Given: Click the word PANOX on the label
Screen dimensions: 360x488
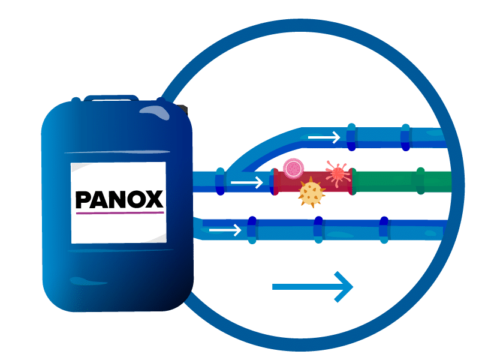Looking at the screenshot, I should coord(119,199).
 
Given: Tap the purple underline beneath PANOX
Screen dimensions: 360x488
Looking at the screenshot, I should coord(119,212).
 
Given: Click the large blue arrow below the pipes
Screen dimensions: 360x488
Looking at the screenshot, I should coord(312,287).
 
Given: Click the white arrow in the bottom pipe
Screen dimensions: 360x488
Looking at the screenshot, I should coord(225,229).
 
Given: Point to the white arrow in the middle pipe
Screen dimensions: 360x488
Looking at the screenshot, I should coord(246,181).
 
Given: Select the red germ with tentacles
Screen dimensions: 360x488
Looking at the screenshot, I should coord(338,173).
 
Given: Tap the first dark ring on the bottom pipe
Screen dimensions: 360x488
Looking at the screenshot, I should coord(252,228).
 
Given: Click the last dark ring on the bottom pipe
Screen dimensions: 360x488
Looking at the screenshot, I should coord(384,229).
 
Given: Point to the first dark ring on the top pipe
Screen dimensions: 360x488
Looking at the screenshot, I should coord(351,137).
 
